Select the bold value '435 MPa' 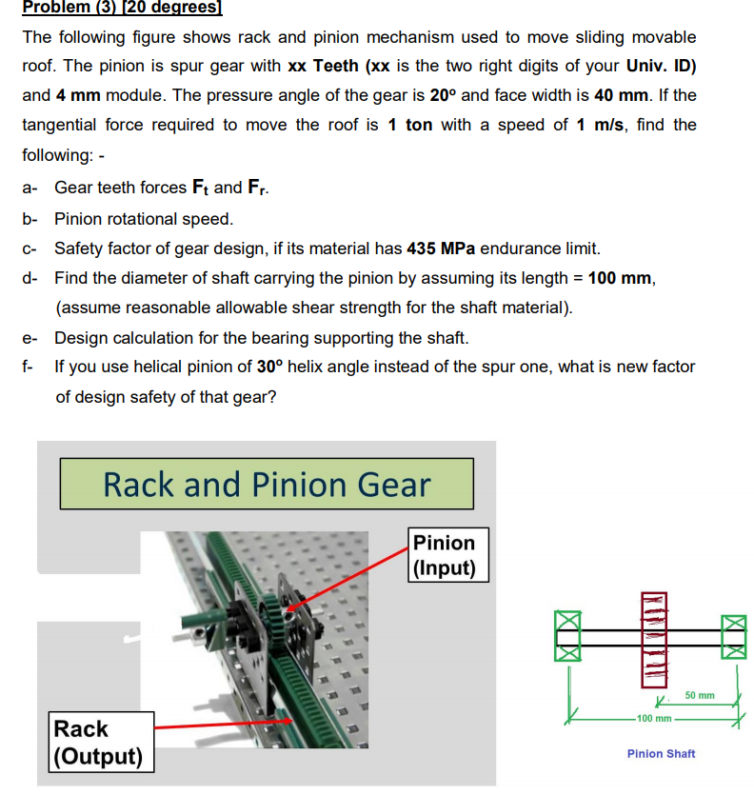pos(441,248)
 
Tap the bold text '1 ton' pos(410,125)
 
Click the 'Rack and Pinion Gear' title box pos(267,484)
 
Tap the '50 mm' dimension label pos(699,696)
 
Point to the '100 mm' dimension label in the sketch pos(654,717)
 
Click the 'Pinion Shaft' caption pos(661,753)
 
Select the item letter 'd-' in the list pos(29,278)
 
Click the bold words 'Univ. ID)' pos(661,66)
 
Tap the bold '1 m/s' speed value pos(600,125)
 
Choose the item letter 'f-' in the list pos(28,367)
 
